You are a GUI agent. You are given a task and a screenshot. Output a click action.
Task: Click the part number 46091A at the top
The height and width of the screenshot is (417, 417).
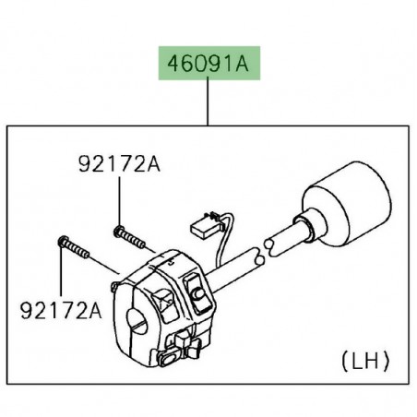[208, 66]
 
